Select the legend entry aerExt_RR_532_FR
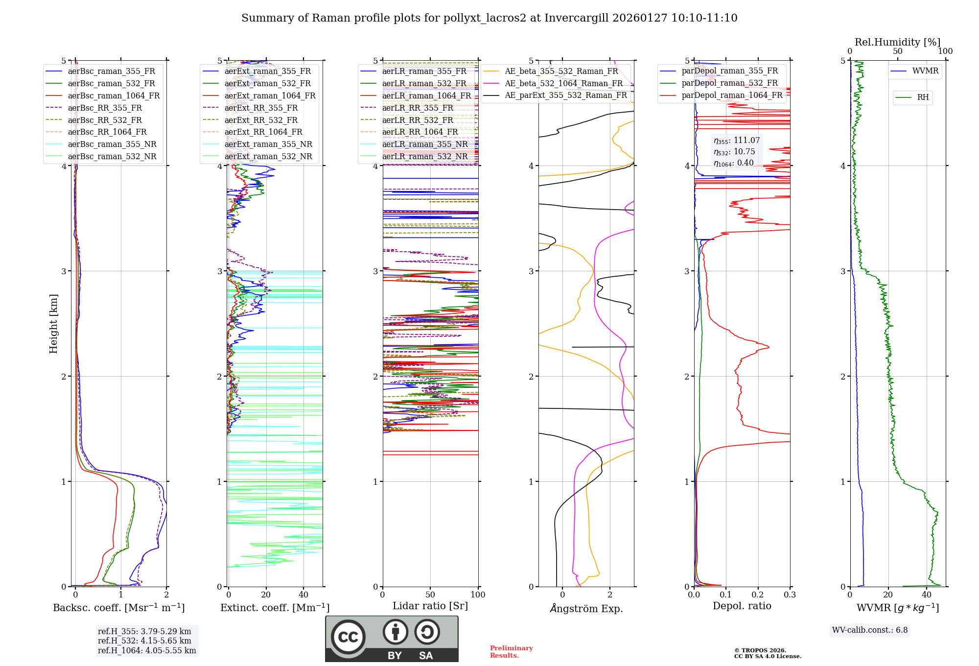click(x=261, y=120)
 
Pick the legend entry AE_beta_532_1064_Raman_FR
click(x=563, y=83)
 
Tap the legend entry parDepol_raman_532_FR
click(x=729, y=83)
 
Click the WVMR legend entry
click(x=925, y=71)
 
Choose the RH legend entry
click(x=923, y=97)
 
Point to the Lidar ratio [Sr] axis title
click(x=430, y=606)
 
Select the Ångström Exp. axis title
click(x=586, y=609)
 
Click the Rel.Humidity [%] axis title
click(x=897, y=42)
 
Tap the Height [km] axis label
click(x=53, y=324)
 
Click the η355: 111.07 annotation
click(x=737, y=141)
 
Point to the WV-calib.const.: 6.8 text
click(x=870, y=630)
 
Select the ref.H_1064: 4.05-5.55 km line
click(x=147, y=650)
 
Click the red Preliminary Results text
click(x=511, y=652)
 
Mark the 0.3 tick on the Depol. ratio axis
click(x=790, y=595)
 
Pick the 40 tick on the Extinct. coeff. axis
click(x=303, y=595)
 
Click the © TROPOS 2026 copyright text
click(x=760, y=650)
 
